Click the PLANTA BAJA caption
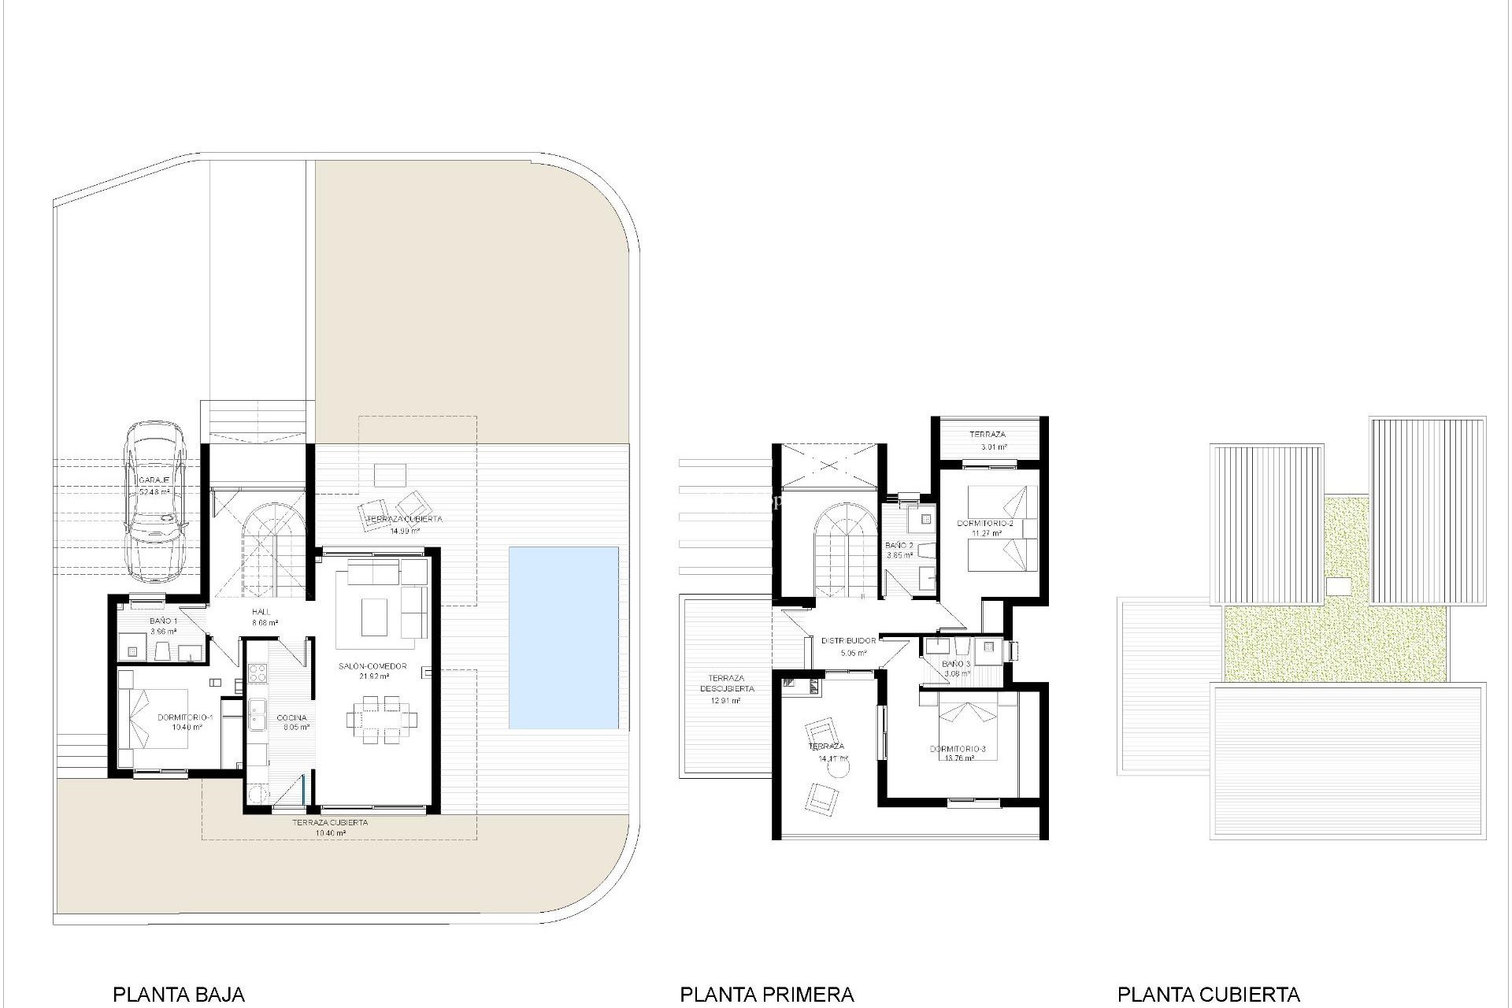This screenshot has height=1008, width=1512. pyautogui.click(x=179, y=995)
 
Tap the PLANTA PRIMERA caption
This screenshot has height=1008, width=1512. pyautogui.click(x=766, y=995)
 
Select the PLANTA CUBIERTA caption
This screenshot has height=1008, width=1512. pyautogui.click(x=1208, y=995)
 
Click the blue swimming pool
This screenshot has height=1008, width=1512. pyautogui.click(x=563, y=637)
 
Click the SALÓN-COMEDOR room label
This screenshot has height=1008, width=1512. pyautogui.click(x=372, y=666)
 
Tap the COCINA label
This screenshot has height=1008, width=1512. pyautogui.click(x=291, y=717)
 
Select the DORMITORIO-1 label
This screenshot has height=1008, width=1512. pyautogui.click(x=186, y=717)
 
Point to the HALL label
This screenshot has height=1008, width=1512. pyautogui.click(x=261, y=612)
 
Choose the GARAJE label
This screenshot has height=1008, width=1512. pyautogui.click(x=154, y=480)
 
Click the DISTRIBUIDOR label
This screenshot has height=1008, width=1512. pyautogui.click(x=848, y=641)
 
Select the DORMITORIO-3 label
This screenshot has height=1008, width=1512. pyautogui.click(x=958, y=749)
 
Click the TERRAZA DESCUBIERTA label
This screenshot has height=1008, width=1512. pyautogui.click(x=726, y=683)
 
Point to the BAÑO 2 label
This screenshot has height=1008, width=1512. pyautogui.click(x=899, y=545)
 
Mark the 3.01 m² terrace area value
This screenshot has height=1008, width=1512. pyautogui.click(x=994, y=447)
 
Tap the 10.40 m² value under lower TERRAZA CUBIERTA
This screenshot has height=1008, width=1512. pyautogui.click(x=330, y=832)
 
